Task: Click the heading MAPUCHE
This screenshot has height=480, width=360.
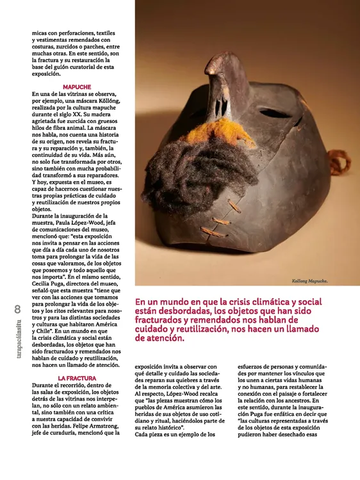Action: point(77,86)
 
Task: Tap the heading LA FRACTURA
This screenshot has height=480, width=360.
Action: point(77,378)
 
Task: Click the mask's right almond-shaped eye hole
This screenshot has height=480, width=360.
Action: point(275,114)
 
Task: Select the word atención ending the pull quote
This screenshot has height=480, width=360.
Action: point(160,337)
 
